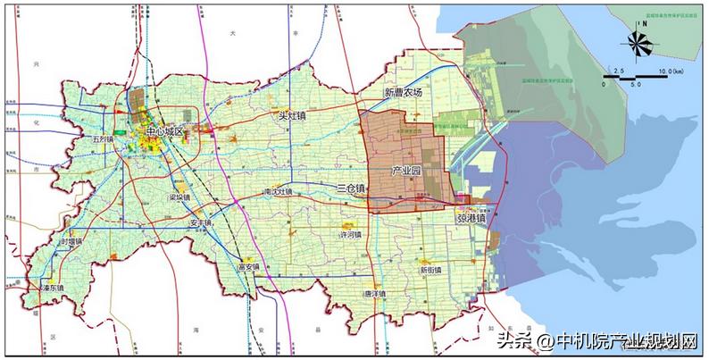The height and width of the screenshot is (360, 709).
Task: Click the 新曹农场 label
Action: coord(402,93)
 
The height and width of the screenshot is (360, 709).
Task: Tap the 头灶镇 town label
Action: coord(291,115)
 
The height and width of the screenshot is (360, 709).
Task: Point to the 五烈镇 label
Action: coord(104,140)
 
